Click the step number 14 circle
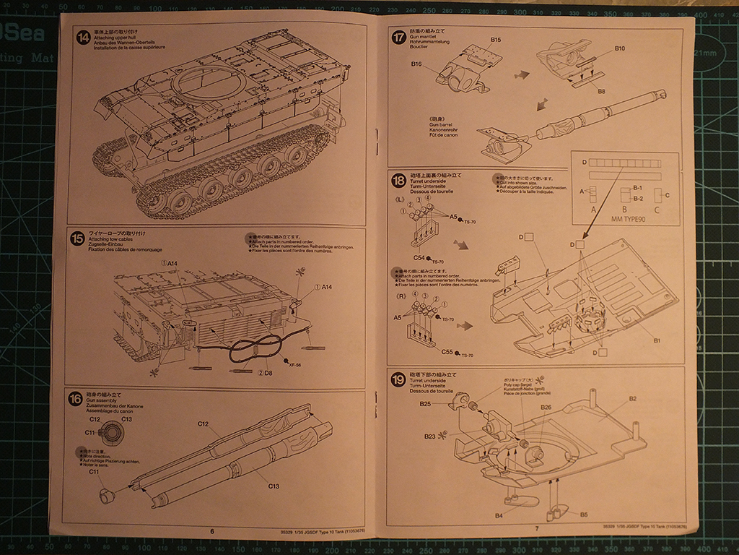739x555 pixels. point(83,38)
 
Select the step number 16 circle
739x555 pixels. point(74,398)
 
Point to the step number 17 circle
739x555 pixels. point(398,38)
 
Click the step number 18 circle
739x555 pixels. point(398,181)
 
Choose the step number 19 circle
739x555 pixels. point(398,381)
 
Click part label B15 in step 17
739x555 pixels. point(496,39)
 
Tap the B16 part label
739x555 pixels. point(417,64)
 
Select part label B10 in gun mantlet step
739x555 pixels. point(620,48)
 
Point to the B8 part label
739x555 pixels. point(601,91)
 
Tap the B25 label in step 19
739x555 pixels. point(425,404)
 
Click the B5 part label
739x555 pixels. point(583,515)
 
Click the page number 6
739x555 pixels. point(211,531)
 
